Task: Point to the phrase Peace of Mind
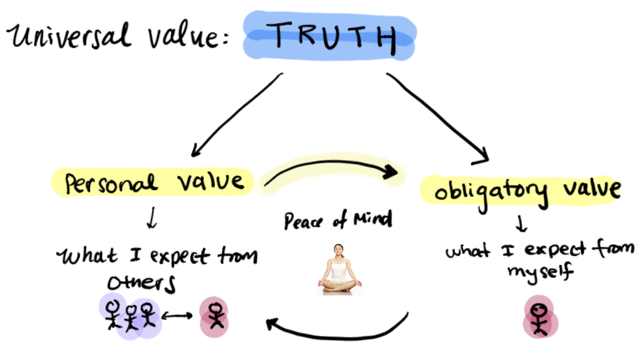tap(338, 220)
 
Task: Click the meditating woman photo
tap(339, 269)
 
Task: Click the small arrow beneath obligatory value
tap(521, 224)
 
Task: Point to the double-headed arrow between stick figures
tap(177, 315)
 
